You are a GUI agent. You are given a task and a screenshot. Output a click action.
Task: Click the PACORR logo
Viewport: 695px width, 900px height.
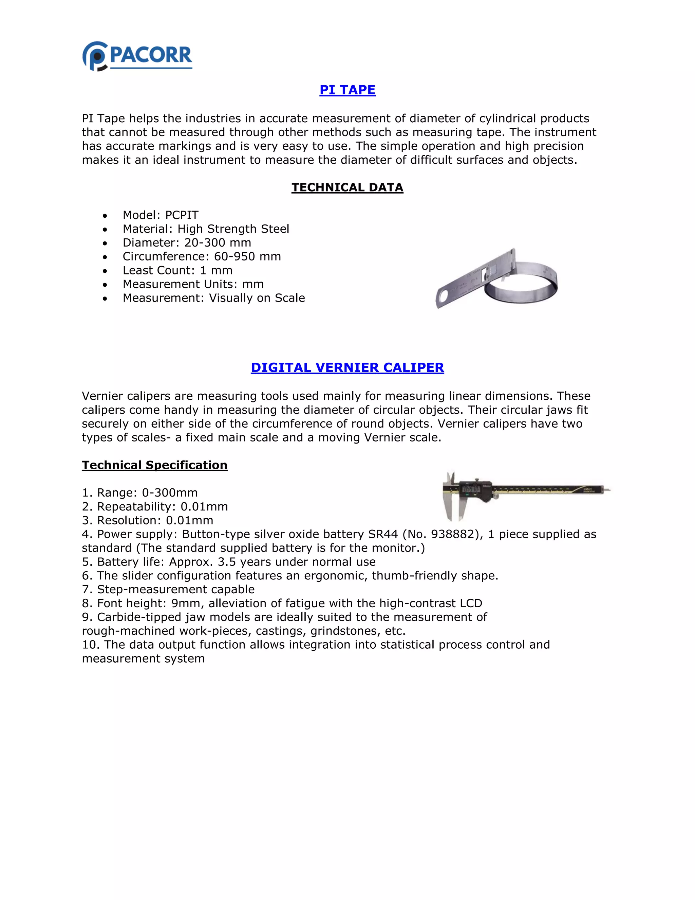pyautogui.click(x=137, y=56)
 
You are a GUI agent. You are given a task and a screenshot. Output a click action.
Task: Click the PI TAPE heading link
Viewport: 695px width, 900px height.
pyautogui.click(x=347, y=90)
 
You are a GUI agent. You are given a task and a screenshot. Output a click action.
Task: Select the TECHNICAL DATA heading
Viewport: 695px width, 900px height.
pyautogui.click(x=347, y=187)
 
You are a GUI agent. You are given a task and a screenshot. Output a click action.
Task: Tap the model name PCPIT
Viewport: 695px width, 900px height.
pyautogui.click(x=182, y=215)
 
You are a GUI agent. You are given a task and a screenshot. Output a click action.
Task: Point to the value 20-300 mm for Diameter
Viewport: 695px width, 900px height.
pyautogui.click(x=218, y=243)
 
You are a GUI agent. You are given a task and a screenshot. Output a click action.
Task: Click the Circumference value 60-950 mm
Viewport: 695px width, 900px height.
pyautogui.click(x=247, y=257)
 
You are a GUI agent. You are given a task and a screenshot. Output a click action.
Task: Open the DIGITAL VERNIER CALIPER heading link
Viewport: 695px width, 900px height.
pyautogui.click(x=347, y=367)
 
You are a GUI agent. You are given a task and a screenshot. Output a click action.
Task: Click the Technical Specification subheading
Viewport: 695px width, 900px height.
pyautogui.click(x=154, y=465)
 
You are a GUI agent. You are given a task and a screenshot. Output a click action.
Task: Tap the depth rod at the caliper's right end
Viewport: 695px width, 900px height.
pyautogui.click(x=607, y=489)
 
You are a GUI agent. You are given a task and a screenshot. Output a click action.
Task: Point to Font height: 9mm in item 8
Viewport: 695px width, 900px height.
pyautogui.click(x=149, y=604)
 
